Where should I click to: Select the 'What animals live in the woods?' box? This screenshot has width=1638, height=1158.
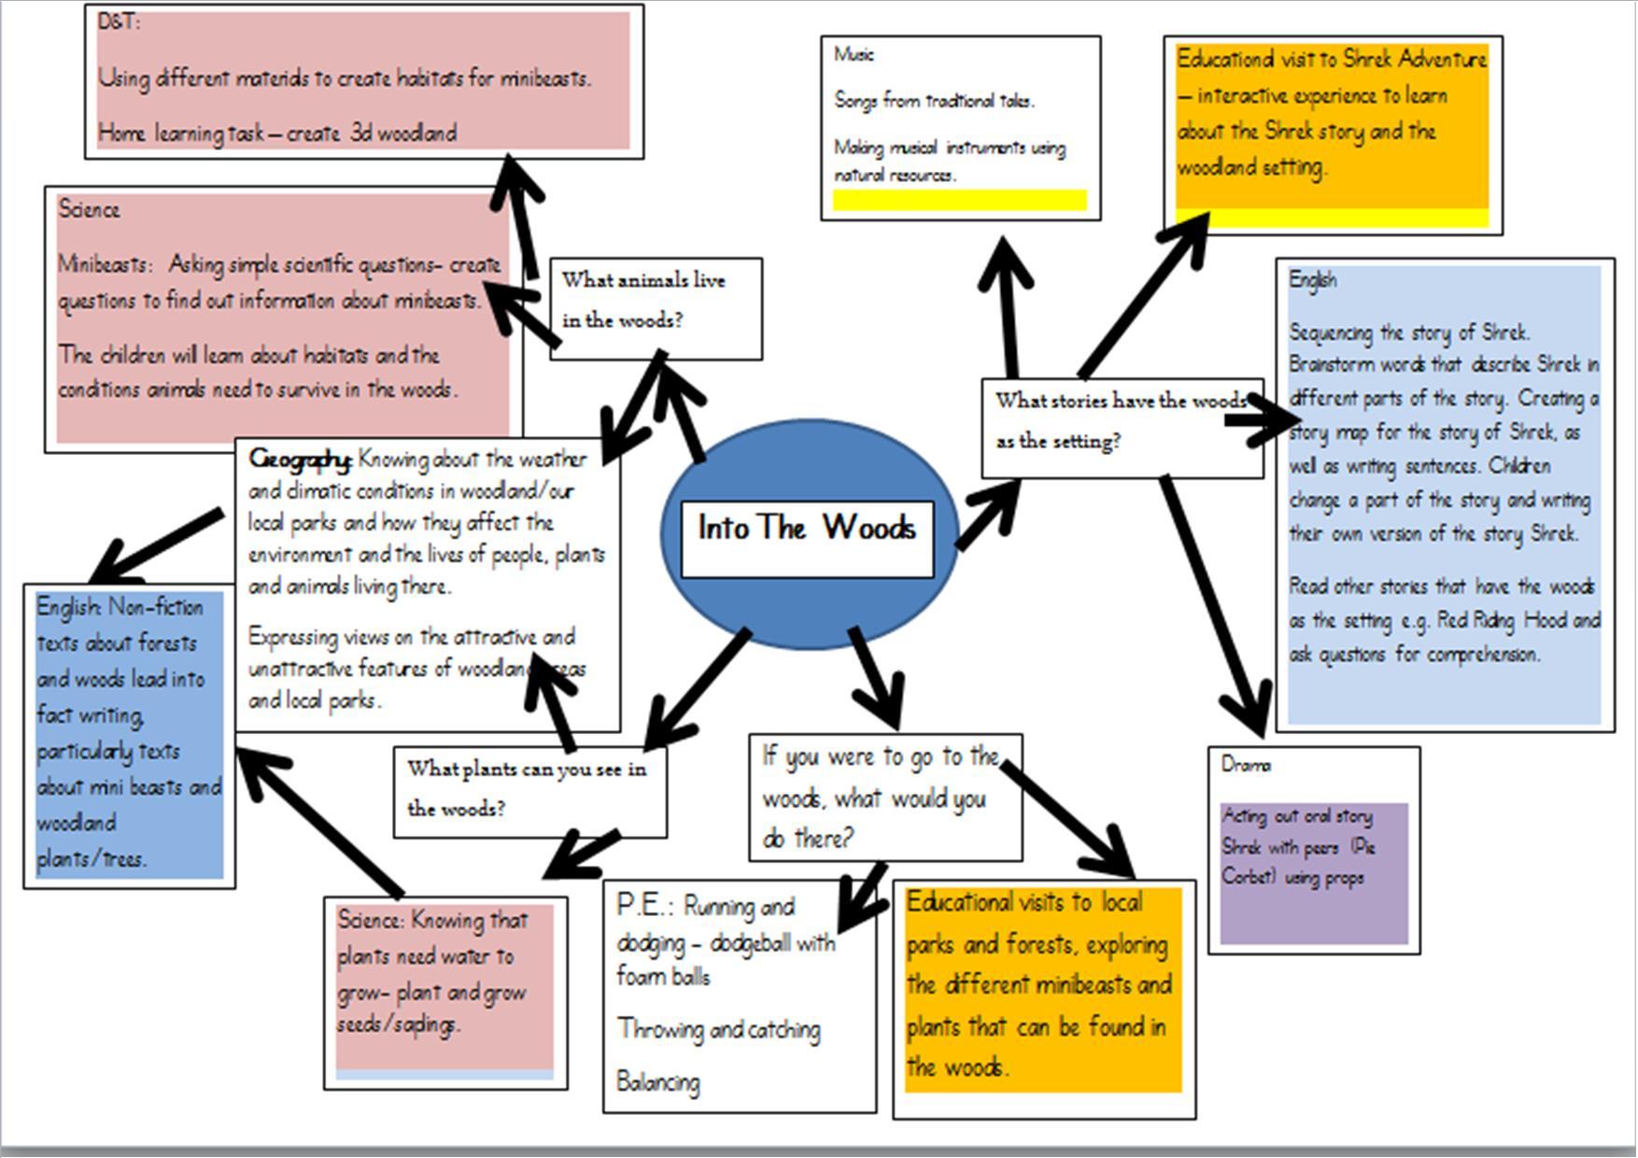(656, 309)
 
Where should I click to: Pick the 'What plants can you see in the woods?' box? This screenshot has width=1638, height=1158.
(530, 791)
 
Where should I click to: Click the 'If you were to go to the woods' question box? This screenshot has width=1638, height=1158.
(884, 797)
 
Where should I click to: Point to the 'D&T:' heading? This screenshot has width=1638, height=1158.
(119, 22)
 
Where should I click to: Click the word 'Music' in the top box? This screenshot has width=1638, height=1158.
(854, 55)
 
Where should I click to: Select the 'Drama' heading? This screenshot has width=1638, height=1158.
(1246, 765)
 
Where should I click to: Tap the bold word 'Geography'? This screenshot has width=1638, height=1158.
(300, 459)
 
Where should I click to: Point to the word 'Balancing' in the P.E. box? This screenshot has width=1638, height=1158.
(658, 1082)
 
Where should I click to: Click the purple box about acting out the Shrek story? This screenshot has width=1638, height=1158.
(1313, 872)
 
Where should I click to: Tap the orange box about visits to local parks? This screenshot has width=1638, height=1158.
(1042, 988)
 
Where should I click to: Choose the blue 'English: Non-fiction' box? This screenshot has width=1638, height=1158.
(129, 734)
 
